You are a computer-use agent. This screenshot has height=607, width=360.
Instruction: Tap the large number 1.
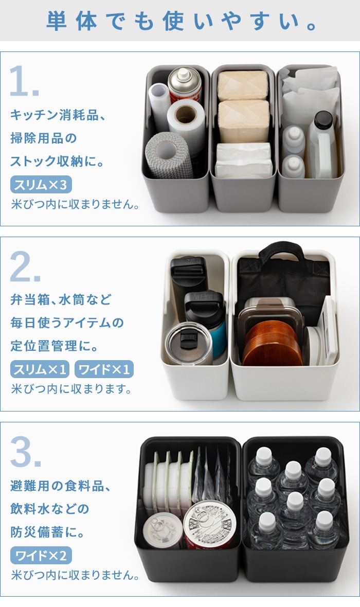pos(24,81)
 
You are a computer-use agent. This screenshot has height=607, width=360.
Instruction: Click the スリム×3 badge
pos(41,185)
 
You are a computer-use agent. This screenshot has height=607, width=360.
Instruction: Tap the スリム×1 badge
pos(40,369)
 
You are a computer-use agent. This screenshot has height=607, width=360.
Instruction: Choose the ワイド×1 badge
pos(104,369)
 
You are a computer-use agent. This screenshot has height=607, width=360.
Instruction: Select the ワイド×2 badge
pos(41,556)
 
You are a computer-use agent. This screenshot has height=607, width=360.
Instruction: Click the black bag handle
pos(281,252)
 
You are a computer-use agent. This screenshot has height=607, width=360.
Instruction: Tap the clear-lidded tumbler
pos(189,344)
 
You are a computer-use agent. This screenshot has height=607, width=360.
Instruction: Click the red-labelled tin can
pos(209,525)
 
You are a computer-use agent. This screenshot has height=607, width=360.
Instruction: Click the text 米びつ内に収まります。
pos(71,388)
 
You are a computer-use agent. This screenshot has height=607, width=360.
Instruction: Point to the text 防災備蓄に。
pos(48,532)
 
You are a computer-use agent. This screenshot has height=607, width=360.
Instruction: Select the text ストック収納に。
pos(57,161)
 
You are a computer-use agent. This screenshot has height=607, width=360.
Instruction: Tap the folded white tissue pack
pos(243,160)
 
